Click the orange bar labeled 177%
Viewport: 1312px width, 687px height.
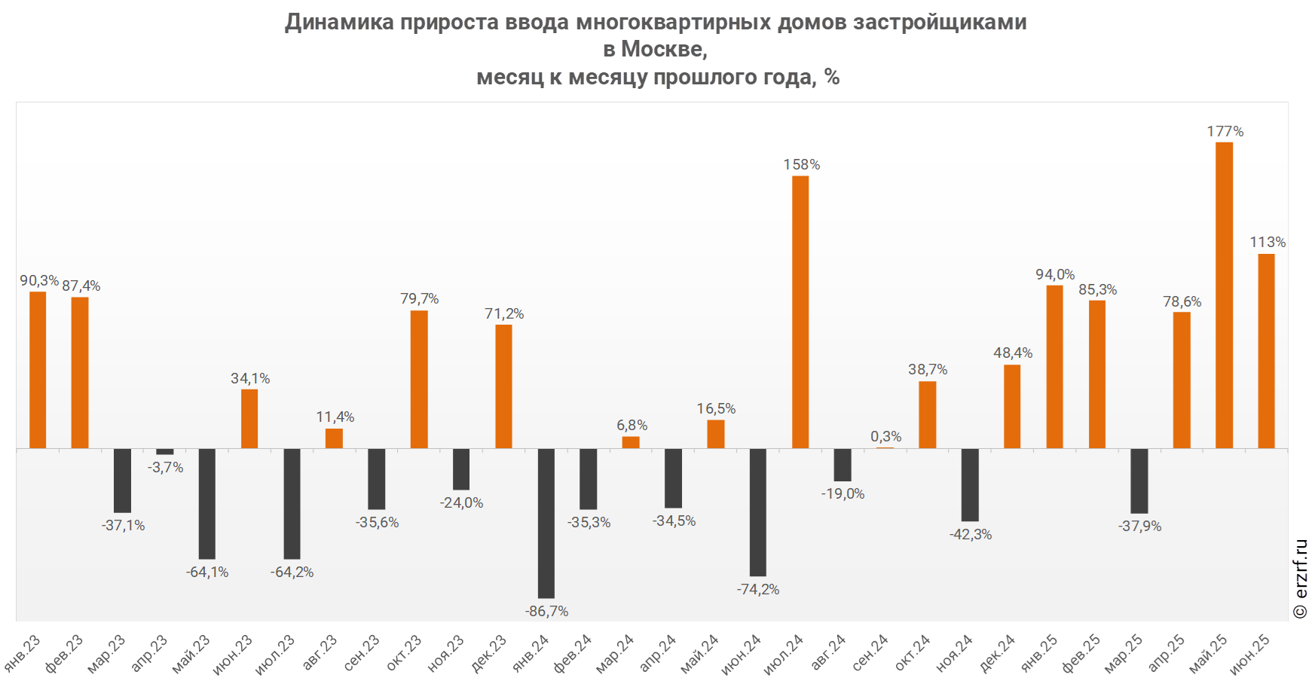pyautogui.click(x=1224, y=295)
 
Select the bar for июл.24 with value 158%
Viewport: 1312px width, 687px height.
pyautogui.click(x=800, y=312)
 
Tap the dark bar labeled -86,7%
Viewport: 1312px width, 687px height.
pyautogui.click(x=546, y=523)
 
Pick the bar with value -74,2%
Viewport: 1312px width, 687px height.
pyautogui.click(x=758, y=512)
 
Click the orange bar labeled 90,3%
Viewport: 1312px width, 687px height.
pyautogui.click(x=38, y=370)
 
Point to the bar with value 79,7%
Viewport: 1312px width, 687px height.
pyautogui.click(x=419, y=379)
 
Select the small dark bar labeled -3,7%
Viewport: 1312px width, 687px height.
pyautogui.click(x=165, y=452)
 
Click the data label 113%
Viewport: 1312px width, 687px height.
pyautogui.click(x=1268, y=243)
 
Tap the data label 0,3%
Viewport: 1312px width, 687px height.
pyautogui.click(x=885, y=437)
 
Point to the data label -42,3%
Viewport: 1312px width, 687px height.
pyautogui.click(x=971, y=535)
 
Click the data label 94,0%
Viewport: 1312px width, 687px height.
pyautogui.click(x=1055, y=275)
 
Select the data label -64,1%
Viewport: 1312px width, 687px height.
pyautogui.click(x=207, y=572)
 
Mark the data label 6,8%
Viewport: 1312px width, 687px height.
pyautogui.click(x=632, y=426)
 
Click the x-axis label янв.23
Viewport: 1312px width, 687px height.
pyautogui.click(x=23, y=653)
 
